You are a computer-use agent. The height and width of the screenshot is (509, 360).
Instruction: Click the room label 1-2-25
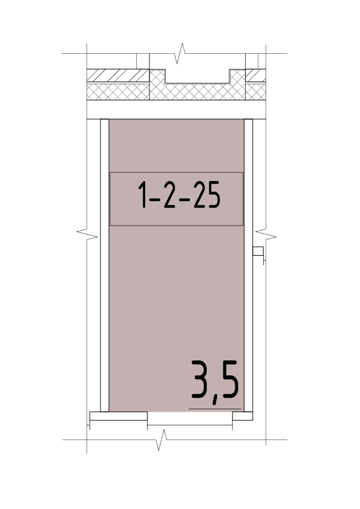179,195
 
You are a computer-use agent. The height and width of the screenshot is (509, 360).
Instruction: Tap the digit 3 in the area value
199,379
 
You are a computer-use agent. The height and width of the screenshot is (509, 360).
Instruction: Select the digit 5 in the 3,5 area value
230,379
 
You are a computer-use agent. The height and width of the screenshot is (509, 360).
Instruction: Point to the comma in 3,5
215,400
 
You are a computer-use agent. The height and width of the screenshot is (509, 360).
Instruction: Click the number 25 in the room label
207,195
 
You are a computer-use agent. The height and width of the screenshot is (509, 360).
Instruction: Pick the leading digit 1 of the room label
142,195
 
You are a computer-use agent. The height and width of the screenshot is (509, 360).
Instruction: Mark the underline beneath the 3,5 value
215,409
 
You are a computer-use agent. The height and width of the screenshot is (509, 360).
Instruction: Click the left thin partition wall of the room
105,265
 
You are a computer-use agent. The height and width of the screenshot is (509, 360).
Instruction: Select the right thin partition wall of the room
248,265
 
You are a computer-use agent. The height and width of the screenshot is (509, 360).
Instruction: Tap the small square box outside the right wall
258,251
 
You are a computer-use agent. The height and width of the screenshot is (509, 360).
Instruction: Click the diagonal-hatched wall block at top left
118,76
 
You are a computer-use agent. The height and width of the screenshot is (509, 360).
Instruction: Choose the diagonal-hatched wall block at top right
255,76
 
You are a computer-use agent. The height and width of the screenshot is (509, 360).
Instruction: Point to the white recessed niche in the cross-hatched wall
197,76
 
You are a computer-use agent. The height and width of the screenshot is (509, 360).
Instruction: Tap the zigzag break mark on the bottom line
162,440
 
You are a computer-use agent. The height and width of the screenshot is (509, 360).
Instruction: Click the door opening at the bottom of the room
190,418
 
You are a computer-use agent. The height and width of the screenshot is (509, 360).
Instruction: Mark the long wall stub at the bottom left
118,416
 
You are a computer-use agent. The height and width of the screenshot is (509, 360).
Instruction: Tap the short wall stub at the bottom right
243,416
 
